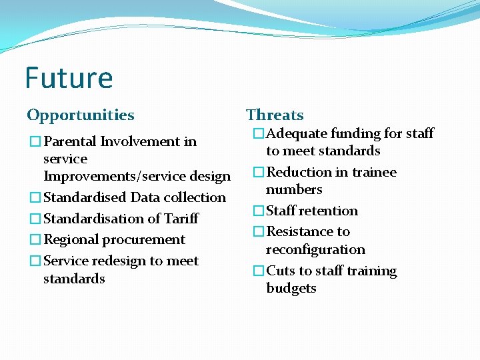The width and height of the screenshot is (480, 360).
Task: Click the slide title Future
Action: click(69, 78)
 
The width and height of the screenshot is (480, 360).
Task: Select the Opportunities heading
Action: click(81, 115)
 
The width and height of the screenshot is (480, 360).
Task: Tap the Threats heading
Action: click(275, 115)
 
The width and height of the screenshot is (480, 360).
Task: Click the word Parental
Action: click(70, 141)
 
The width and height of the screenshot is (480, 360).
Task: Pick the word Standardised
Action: click(85, 197)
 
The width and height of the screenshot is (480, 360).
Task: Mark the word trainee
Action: click(373, 172)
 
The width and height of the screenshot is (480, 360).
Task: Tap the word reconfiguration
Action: click(315, 249)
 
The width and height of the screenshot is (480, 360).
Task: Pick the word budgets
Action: click(291, 288)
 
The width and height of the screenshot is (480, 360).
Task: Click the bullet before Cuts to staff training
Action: click(259, 271)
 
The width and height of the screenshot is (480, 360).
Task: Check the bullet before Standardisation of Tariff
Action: click(35, 219)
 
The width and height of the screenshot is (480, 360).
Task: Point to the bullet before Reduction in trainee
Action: click(259, 173)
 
